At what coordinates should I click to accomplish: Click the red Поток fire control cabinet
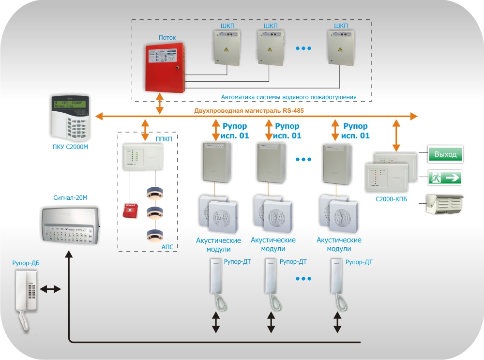(x=166, y=67)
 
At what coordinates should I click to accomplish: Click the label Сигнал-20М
(x=70, y=197)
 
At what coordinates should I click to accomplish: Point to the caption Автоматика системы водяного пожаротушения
(x=288, y=97)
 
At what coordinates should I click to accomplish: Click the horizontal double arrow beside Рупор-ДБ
(x=50, y=289)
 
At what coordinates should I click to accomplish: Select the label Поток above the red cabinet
(x=167, y=37)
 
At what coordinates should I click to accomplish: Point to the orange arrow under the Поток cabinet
(x=160, y=105)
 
